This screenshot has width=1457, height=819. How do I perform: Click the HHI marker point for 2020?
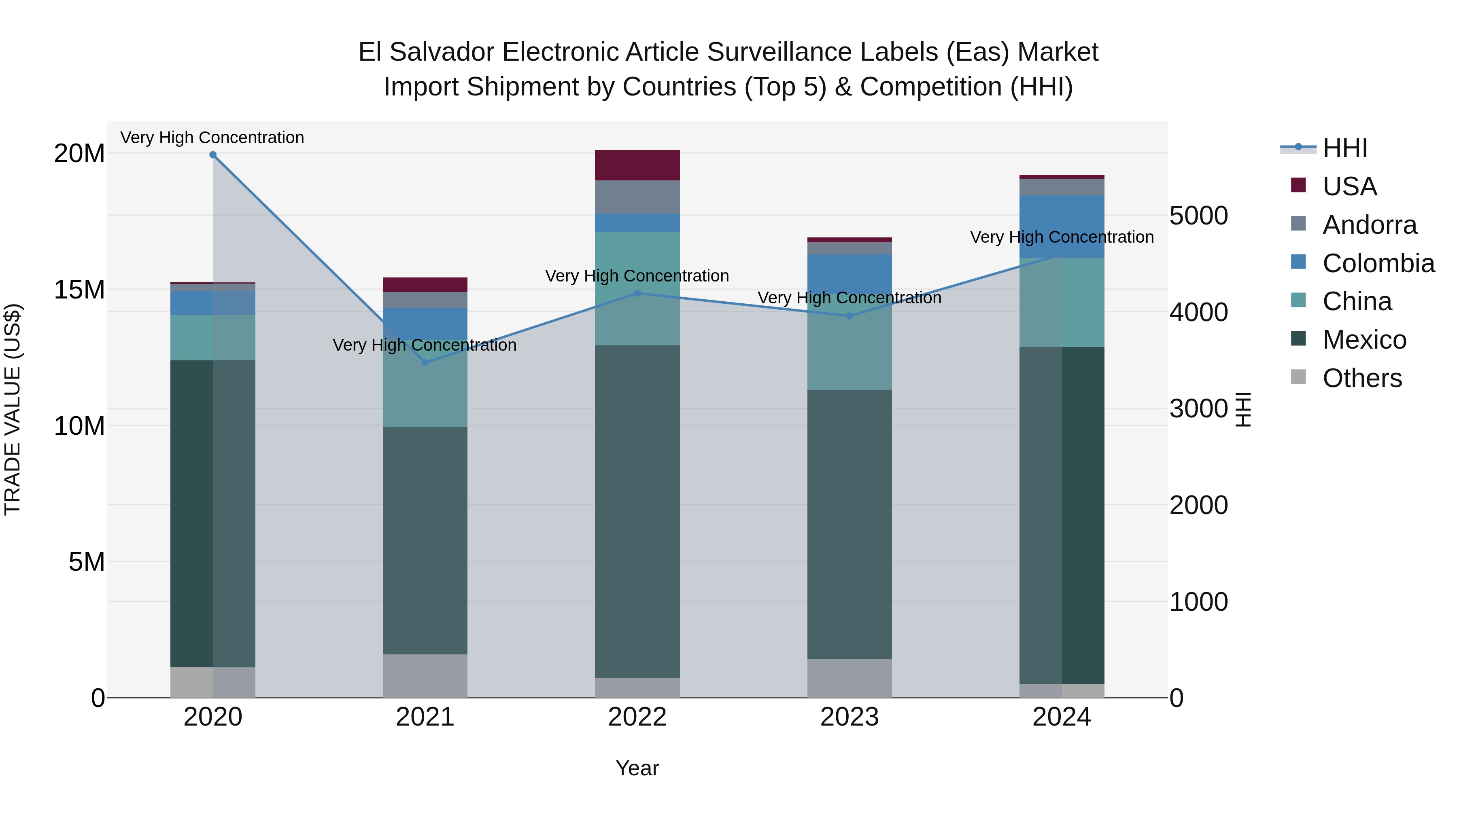[212, 155]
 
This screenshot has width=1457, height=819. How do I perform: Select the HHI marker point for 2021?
[425, 362]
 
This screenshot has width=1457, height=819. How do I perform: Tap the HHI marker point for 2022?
[637, 293]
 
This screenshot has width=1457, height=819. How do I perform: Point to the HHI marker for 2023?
[850, 316]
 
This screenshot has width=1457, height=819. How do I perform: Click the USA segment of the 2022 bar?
[637, 165]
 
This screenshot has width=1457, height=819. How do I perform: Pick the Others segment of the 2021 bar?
[425, 675]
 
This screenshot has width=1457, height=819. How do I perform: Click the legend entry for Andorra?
[1369, 225]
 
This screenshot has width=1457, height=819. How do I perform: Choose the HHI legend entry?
[1344, 148]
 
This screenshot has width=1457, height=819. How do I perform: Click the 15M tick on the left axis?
[79, 290]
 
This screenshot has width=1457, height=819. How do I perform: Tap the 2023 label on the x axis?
[850, 717]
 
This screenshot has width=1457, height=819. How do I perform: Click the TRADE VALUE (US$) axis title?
[13, 409]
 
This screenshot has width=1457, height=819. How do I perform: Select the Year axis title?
[637, 768]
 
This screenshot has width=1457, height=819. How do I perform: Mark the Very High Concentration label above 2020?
[212, 138]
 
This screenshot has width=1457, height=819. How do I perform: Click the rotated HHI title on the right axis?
[1242, 409]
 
